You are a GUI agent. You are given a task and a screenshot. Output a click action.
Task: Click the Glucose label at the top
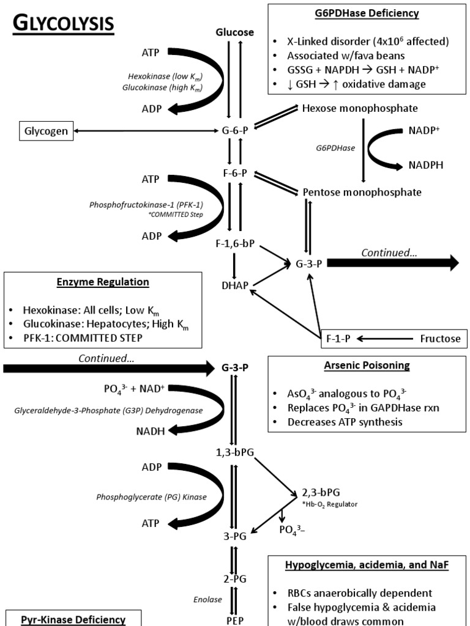[234, 32]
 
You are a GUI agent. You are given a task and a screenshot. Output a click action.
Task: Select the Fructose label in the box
[439, 338]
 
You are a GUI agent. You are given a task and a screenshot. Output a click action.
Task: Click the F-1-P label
[338, 338]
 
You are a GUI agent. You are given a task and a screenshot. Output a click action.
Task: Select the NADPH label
[425, 165]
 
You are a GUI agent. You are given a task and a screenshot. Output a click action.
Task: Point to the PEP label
[235, 618]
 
